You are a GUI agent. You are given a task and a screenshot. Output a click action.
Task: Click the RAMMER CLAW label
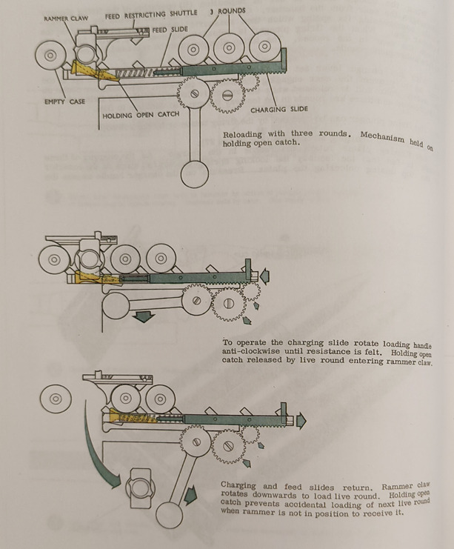pos(66,19)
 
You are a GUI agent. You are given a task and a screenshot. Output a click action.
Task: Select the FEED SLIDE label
pos(170,30)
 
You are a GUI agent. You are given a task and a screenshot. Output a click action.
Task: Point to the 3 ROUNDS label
pos(228,11)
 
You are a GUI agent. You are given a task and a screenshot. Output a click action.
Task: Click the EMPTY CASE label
pos(64,102)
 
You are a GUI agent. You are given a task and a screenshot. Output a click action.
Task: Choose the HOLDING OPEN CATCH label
pos(141,115)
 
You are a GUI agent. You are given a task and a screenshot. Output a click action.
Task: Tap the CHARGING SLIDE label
pos(279,109)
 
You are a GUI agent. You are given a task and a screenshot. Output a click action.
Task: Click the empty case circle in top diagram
pos(51,56)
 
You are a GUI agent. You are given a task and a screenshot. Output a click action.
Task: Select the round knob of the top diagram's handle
pos(195,173)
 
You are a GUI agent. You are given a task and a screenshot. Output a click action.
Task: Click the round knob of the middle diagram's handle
pos(116,306)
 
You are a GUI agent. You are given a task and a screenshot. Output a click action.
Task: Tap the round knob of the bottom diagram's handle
pos(169,515)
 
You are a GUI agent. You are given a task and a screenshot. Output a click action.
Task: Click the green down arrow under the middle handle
pos(144,316)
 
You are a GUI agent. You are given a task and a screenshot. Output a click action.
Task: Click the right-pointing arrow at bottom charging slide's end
pos(301,420)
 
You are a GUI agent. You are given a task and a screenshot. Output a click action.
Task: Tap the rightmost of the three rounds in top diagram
pos(265,46)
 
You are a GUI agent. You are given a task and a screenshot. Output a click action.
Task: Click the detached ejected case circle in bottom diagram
pos(56,399)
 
